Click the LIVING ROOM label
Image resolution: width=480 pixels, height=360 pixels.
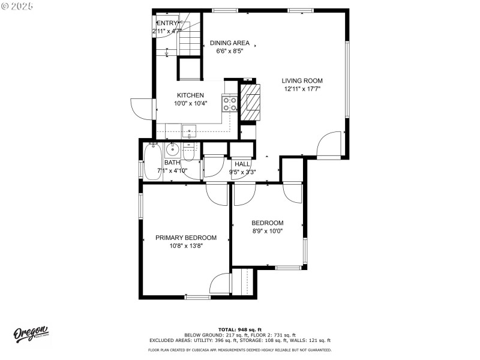click(x=302, y=80)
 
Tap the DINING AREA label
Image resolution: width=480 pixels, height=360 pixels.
click(x=230, y=43)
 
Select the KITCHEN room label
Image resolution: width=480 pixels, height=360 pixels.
click(x=190, y=95)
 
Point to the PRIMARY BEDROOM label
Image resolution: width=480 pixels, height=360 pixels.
click(x=186, y=238)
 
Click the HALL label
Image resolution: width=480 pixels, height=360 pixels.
click(x=242, y=164)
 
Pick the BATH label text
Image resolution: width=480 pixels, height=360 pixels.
click(x=172, y=163)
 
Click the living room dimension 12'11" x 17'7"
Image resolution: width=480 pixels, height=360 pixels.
click(x=302, y=89)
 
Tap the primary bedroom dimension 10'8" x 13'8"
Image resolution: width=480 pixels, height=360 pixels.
click(x=186, y=245)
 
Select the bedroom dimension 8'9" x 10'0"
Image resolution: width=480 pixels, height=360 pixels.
click(x=267, y=230)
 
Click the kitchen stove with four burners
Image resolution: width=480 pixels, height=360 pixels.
click(x=230, y=104)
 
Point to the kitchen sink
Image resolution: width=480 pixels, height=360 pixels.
click(x=189, y=130)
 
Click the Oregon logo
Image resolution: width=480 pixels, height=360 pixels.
click(x=31, y=334)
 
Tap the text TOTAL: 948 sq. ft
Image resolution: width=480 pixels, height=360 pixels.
click(x=240, y=329)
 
